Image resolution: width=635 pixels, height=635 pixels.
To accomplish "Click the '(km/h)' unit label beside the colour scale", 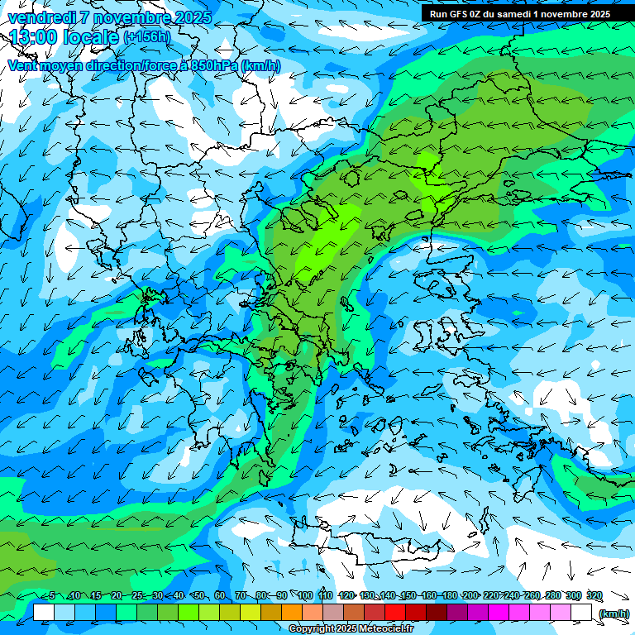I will pyautogui.click(x=613, y=613).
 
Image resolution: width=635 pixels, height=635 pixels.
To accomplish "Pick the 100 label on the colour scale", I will pyautogui.click(x=304, y=596).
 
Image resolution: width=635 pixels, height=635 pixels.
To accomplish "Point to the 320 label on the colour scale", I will pyautogui.click(x=594, y=596).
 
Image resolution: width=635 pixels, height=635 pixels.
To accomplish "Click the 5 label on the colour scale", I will pyautogui.click(x=52, y=596).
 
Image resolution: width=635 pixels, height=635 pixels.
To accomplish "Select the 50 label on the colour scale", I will pyautogui.click(x=198, y=596).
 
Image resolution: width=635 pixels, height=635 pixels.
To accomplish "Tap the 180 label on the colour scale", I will pyautogui.click(x=449, y=596).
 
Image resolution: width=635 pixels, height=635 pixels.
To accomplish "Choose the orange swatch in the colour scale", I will pyautogui.click(x=293, y=613).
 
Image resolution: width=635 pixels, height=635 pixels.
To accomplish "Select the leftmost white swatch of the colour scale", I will pyautogui.click(x=44, y=613).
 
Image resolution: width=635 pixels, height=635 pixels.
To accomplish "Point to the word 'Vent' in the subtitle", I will pyautogui.click(x=22, y=65).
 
